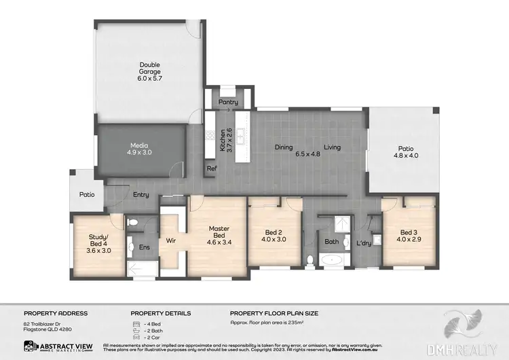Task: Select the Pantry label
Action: point(227,102)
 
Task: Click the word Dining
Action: point(284,147)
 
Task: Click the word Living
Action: point(332,147)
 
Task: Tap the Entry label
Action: point(141,195)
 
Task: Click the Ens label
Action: point(145,248)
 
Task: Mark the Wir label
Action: point(171,240)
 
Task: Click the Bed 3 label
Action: point(409,235)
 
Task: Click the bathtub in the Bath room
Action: point(332,259)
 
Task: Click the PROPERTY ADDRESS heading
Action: point(56,313)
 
